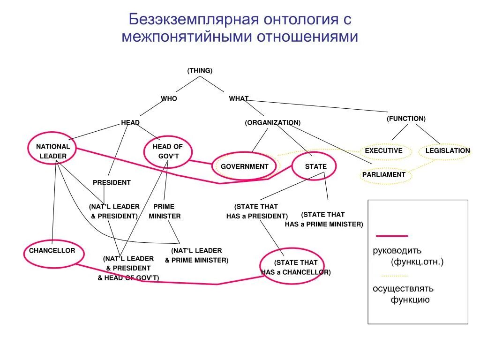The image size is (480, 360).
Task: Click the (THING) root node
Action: (200, 70)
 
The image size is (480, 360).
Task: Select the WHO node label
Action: (169, 98)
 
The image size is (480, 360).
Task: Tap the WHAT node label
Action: (239, 98)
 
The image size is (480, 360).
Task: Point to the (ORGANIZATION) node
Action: (272, 122)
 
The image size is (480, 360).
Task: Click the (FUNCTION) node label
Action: (406, 119)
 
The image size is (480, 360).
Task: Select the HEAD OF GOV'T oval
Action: (168, 151)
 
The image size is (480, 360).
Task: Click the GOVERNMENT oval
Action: (244, 166)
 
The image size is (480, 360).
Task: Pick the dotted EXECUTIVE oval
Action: (383, 151)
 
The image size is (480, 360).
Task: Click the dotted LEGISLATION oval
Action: (447, 151)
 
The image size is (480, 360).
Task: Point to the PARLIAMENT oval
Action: (383, 174)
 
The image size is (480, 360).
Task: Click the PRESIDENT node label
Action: (112, 182)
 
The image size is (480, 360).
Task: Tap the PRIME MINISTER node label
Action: (164, 211)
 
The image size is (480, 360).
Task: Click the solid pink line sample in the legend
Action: (392, 236)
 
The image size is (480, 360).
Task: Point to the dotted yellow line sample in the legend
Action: (394, 276)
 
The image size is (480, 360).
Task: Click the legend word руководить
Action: (397, 250)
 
